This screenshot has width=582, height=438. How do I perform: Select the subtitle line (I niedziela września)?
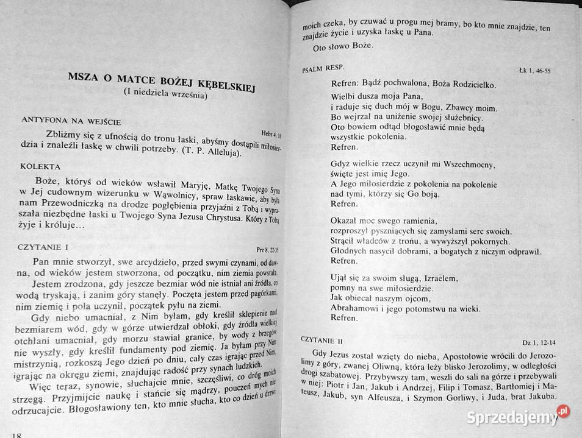click(165, 95)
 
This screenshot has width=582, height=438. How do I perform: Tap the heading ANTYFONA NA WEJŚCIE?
click(71, 121)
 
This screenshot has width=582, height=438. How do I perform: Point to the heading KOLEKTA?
click(40, 166)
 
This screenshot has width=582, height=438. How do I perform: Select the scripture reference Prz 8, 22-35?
click(267, 248)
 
